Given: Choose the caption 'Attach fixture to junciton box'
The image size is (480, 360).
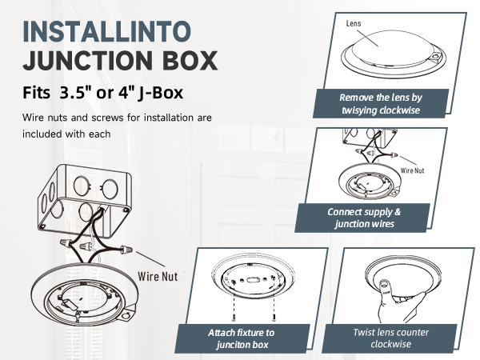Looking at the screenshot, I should point(242,338).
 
